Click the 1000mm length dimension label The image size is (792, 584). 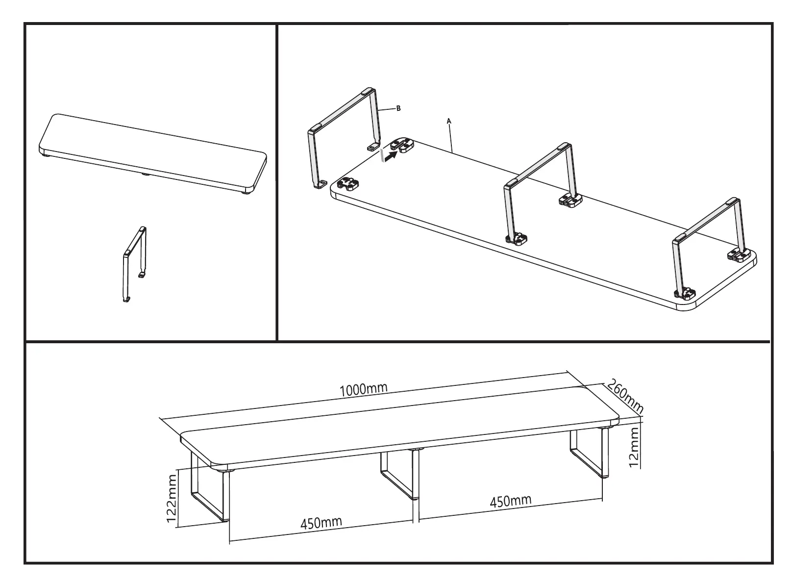click(x=364, y=389)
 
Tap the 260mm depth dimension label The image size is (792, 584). click(x=625, y=396)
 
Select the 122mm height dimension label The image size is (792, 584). click(x=172, y=499)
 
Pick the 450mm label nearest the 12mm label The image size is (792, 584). click(x=511, y=502)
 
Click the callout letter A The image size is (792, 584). click(x=447, y=120)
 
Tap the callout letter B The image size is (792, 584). click(x=398, y=108)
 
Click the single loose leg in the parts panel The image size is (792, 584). click(x=133, y=265)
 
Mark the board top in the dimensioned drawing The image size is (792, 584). click(x=392, y=422)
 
